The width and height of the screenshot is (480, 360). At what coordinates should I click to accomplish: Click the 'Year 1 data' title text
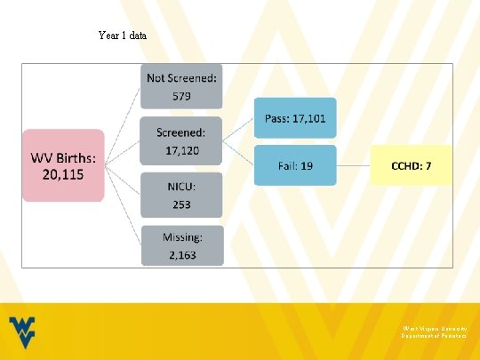point(123,36)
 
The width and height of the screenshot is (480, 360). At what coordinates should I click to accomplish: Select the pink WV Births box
point(63,165)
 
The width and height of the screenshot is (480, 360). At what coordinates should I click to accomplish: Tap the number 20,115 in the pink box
point(63,174)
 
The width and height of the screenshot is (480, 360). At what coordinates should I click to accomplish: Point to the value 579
point(180,96)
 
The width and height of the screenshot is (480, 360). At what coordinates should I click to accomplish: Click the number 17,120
point(180,151)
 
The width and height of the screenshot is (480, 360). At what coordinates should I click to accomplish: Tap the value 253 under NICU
point(180,204)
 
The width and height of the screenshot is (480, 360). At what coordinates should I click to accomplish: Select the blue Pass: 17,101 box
point(295,117)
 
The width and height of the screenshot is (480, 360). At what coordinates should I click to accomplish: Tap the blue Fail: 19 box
point(295,165)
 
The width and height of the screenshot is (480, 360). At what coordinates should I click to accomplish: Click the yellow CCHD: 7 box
point(411,165)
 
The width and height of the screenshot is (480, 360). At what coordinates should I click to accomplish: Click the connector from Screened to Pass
point(237,130)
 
